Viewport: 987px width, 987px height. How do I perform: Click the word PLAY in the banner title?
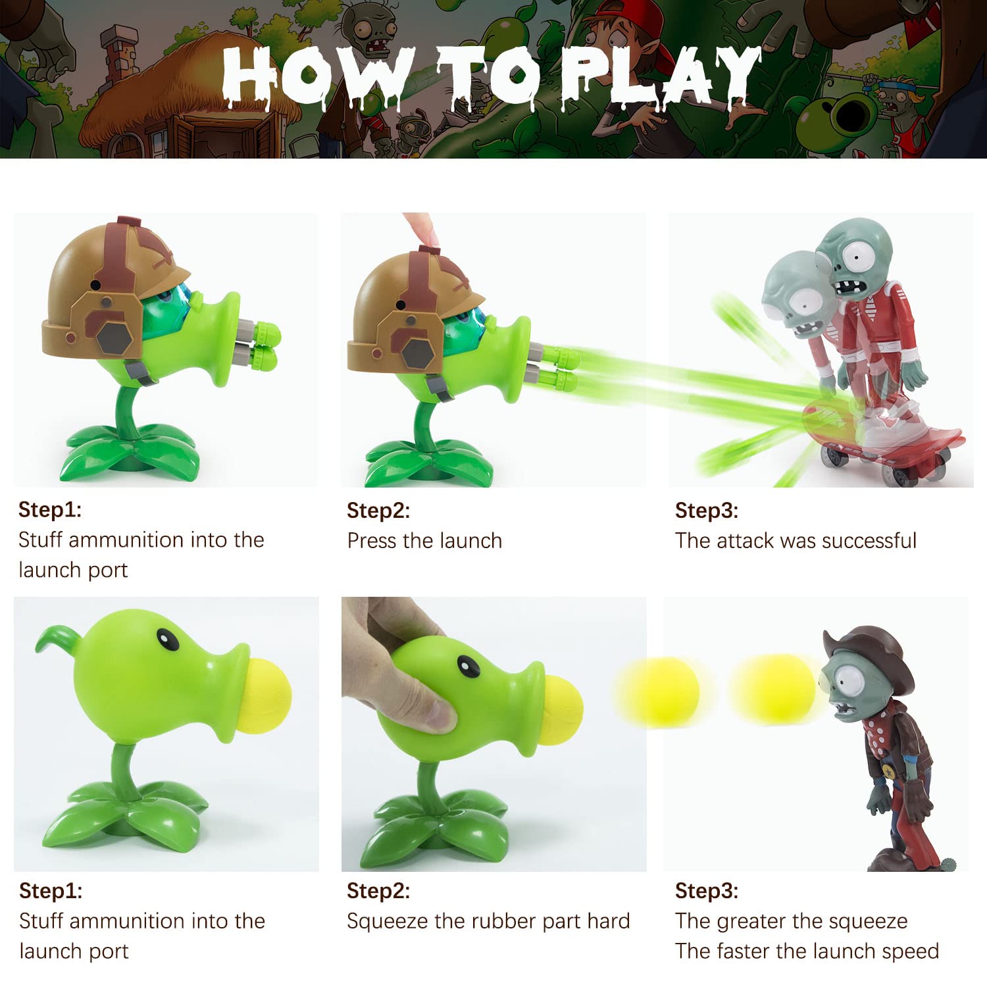click(x=665, y=76)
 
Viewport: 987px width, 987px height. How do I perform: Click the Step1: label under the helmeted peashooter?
click(x=50, y=510)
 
